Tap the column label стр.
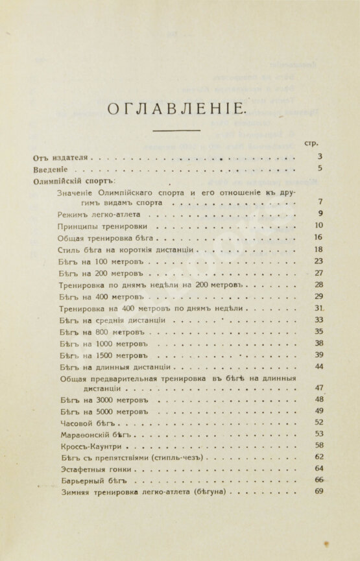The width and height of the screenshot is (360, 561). tap(310, 143)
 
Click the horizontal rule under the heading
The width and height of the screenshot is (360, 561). tap(180, 132)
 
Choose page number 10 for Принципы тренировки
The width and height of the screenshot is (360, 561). tap(318, 226)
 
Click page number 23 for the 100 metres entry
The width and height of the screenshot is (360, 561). tap(318, 261)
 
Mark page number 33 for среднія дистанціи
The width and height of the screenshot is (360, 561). tap(318, 320)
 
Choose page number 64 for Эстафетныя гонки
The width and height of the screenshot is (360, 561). tap(318, 468)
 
